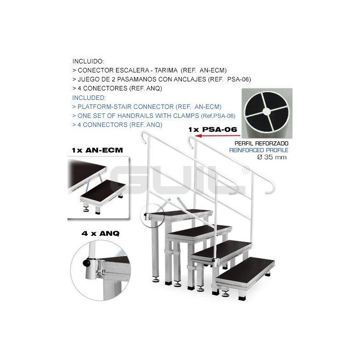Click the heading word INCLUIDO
88,61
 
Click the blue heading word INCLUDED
89,98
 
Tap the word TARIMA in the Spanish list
166,70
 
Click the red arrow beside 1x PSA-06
217,136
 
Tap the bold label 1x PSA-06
212,130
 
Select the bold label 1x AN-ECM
97,150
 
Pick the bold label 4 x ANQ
100,234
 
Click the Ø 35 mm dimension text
272,157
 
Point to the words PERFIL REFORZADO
261,144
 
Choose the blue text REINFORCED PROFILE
259,150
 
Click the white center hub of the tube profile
266,112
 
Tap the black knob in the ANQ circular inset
86,263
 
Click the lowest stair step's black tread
245,270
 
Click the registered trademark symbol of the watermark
246,170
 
